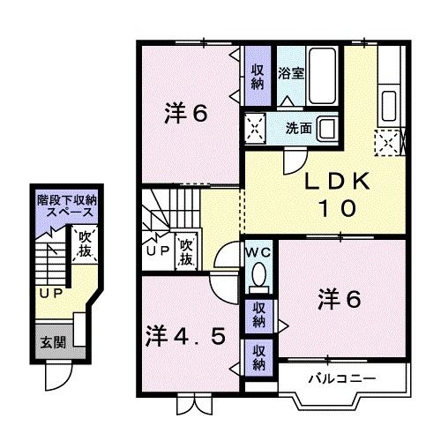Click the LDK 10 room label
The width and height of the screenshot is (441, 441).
(337, 195)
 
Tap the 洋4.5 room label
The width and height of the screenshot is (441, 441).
(186, 336)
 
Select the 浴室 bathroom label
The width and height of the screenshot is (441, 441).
(291, 73)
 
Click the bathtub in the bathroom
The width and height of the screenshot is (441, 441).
(322, 76)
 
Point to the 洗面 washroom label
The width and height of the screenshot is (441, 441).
(299, 128)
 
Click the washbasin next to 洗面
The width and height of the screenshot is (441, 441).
(328, 129)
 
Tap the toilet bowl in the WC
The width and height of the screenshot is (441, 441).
(259, 274)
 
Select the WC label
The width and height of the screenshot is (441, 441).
(258, 252)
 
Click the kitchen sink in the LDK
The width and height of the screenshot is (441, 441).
(389, 106)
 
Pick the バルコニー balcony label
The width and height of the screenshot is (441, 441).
(342, 378)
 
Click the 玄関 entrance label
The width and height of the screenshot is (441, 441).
(53, 342)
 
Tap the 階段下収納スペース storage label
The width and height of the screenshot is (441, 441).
(67, 206)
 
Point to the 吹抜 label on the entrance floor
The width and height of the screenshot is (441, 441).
(85, 243)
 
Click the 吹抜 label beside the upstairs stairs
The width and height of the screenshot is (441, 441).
(186, 252)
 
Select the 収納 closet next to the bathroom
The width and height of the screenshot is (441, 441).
(258, 77)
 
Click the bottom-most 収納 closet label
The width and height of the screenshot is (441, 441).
(258, 358)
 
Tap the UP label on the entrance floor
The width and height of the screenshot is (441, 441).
(51, 293)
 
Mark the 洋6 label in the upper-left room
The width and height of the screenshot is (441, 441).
(186, 113)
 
